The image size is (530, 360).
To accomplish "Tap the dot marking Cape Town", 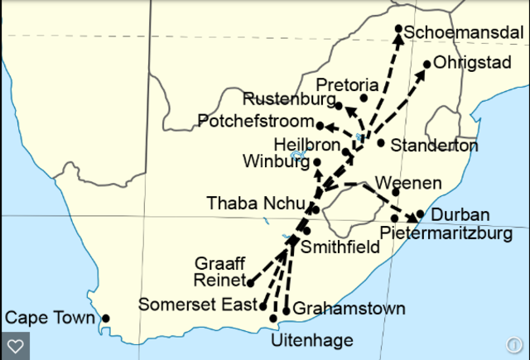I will click(105, 318).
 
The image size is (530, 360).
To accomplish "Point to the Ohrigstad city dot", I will click(427, 64).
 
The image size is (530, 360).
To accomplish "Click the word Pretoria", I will click(348, 85).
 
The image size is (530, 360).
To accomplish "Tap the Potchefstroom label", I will click(255, 122).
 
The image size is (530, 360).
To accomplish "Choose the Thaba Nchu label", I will click(254, 202).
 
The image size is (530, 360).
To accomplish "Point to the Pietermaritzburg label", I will click(446, 234).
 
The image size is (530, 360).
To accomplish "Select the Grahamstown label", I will click(349, 309).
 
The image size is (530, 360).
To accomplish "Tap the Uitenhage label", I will click(311, 340).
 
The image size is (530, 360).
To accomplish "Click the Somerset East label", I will click(198, 304).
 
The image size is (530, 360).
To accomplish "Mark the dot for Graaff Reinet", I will click(251, 283).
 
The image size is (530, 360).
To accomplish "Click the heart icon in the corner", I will click(16, 344).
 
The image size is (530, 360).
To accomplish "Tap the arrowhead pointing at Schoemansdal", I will click(397, 38).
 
